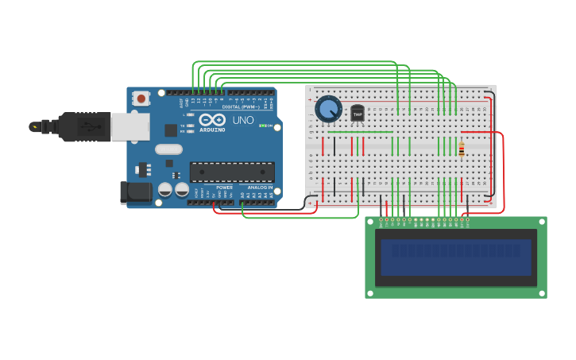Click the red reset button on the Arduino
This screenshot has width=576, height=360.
141,99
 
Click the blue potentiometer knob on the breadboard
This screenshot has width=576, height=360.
328,109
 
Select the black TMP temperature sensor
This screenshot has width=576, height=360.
358,114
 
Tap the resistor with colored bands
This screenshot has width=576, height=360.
462,149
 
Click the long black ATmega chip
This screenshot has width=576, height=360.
232,172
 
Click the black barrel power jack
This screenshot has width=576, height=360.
135,192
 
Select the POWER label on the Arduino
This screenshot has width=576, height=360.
224,188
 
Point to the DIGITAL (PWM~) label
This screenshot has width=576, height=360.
242,106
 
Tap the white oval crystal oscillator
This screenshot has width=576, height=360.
168,149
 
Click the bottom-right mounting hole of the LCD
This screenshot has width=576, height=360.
542,293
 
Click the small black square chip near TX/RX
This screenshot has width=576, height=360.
171,130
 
